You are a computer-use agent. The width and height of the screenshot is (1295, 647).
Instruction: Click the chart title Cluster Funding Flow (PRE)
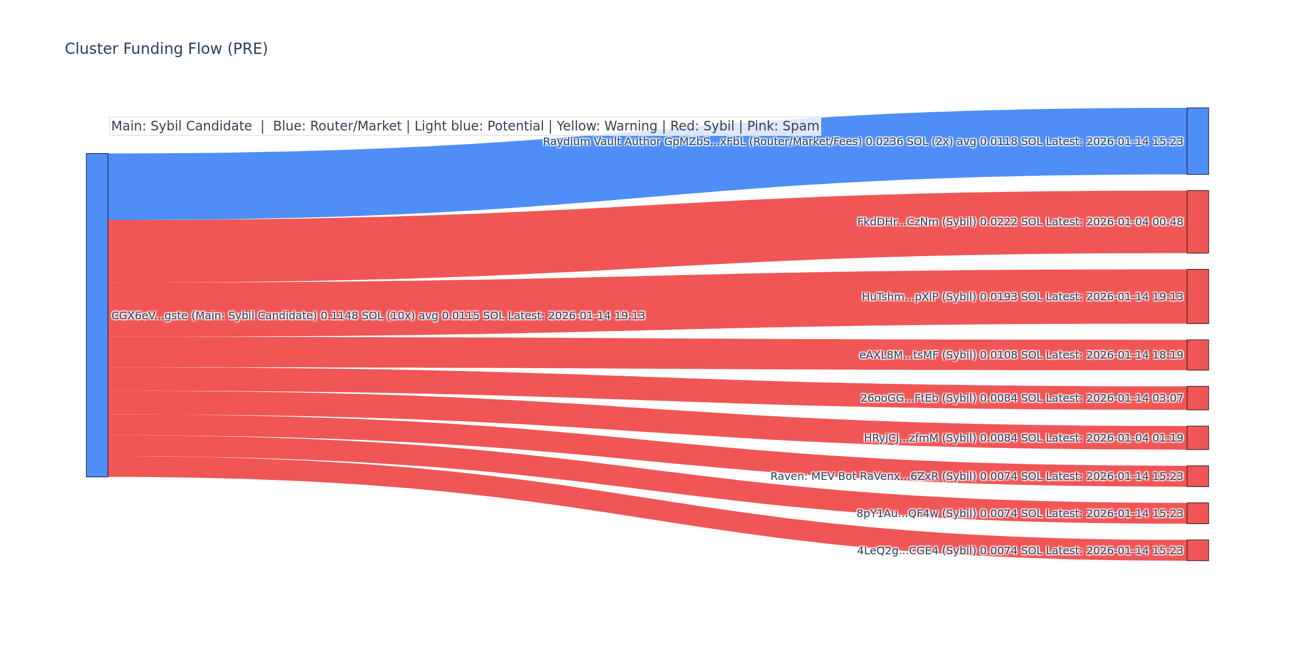point(166,49)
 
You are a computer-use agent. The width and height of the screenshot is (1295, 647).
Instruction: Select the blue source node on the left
point(97,315)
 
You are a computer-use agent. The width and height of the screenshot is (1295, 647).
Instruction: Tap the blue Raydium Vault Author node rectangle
point(1197,141)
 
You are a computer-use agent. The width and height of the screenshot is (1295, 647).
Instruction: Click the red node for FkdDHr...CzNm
point(1197,222)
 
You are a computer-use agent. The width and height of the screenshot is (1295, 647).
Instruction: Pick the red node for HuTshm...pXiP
point(1197,297)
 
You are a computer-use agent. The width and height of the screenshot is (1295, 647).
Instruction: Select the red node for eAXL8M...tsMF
point(1197,355)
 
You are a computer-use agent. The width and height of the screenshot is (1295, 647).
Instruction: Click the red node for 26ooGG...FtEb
point(1197,398)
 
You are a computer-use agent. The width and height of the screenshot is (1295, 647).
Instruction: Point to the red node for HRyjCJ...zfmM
point(1197,438)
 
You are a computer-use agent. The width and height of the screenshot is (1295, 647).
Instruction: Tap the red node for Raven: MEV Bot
point(1197,476)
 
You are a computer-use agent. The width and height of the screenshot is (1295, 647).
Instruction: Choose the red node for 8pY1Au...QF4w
point(1197,513)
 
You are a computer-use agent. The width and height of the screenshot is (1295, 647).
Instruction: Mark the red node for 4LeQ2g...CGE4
point(1197,550)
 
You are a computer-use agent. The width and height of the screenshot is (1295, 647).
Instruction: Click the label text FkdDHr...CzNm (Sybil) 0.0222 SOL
point(1020,222)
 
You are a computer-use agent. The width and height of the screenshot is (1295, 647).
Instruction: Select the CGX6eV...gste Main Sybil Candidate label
point(378,315)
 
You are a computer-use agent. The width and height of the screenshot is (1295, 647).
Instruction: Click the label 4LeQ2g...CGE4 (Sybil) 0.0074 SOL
point(1020,551)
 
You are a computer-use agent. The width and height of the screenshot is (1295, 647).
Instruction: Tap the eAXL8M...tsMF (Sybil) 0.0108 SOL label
point(1021,355)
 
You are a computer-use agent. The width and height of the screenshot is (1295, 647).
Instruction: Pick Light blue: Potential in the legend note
point(479,126)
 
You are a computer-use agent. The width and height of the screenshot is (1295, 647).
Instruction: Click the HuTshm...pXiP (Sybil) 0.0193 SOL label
point(1022,297)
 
